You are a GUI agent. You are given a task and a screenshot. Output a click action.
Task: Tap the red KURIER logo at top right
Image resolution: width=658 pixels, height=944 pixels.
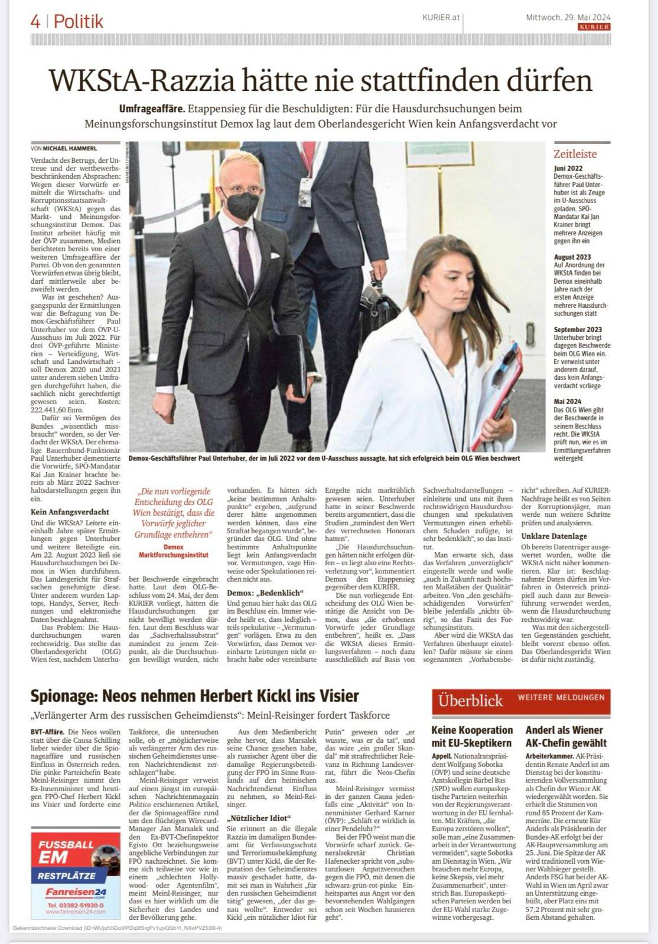click(x=594, y=27)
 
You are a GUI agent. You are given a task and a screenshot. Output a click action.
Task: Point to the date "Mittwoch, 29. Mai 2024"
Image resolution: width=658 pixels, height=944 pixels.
click(x=568, y=17)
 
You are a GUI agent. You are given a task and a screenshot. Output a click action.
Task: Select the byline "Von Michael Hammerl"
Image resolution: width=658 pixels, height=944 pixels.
click(x=63, y=148)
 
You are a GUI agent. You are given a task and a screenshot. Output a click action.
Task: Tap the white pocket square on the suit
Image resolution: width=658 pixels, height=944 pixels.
click(x=275, y=256)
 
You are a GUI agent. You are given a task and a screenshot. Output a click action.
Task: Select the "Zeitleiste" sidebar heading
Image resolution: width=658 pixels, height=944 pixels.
click(x=575, y=155)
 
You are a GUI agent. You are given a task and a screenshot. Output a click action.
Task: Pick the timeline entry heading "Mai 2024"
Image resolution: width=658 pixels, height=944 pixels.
click(x=568, y=401)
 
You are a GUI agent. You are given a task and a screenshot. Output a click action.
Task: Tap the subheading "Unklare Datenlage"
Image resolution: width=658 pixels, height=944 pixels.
click(x=553, y=536)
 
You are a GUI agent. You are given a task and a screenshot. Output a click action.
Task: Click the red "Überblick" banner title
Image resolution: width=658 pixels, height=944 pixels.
click(x=470, y=701)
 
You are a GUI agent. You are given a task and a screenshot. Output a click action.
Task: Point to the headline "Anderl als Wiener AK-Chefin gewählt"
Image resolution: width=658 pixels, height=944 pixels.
click(x=565, y=736)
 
